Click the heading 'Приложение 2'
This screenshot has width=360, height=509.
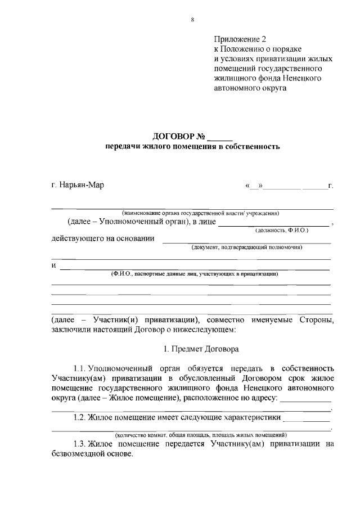pos(239,39)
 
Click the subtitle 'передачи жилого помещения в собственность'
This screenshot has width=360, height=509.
pos(192,147)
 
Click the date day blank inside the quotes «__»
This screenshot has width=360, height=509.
pos(254,186)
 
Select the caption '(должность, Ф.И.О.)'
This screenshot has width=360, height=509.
pos(282,230)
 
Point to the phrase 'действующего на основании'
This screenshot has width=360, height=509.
pos(103,238)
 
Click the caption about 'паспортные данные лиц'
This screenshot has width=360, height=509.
pos(193,273)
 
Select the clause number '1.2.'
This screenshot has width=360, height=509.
pos(80,418)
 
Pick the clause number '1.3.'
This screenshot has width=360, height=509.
pos(80,444)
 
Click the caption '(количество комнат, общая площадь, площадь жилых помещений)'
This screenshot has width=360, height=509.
pos(201,435)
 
